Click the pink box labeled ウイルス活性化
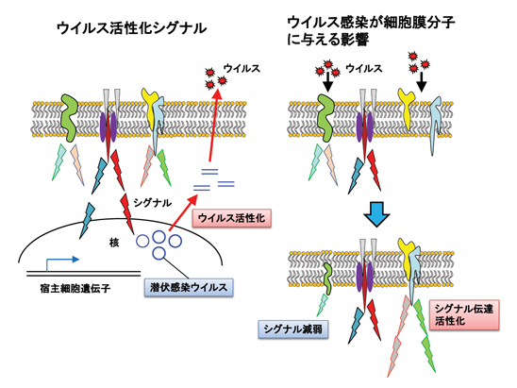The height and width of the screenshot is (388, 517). click(x=231, y=218)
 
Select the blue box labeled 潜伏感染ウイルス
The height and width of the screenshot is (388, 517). click(x=189, y=287)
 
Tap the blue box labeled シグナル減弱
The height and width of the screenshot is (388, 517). click(x=292, y=329)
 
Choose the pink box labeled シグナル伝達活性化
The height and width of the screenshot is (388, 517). click(x=464, y=314)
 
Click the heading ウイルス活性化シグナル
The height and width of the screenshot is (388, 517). click(x=132, y=28)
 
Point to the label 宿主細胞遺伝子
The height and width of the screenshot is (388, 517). click(x=75, y=289)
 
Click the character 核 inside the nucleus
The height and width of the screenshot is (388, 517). click(x=114, y=243)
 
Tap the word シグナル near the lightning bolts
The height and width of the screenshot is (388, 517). click(x=153, y=202)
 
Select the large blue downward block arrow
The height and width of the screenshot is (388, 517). click(x=376, y=214)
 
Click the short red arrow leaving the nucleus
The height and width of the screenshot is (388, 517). click(x=183, y=212)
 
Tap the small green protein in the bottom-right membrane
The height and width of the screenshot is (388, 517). click(x=327, y=278)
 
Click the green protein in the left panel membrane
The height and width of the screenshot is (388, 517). click(x=69, y=117)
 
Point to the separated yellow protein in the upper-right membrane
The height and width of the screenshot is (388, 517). click(x=407, y=108)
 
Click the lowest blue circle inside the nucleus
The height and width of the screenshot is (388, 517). click(x=158, y=253)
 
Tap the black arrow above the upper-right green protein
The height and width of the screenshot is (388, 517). click(x=327, y=82)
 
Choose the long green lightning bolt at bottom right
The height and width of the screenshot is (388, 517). click(x=425, y=335)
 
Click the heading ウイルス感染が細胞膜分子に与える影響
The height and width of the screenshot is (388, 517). click(x=371, y=31)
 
